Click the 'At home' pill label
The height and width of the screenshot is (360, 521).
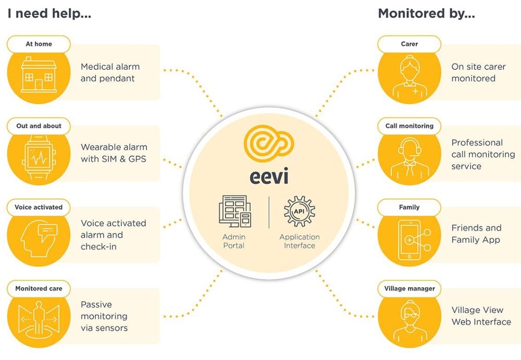39,44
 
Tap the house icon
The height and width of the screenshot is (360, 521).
39,76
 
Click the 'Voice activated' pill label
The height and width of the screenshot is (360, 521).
39,207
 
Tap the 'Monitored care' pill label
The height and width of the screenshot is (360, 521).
39,289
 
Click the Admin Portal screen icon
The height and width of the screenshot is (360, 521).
234,212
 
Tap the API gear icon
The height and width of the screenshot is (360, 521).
300,211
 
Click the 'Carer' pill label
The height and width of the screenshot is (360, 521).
409,44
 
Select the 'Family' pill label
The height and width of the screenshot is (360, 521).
409,207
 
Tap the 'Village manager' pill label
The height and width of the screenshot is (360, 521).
409,289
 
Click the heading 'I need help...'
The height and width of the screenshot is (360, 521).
49,14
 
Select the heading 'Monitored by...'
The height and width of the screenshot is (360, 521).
426,14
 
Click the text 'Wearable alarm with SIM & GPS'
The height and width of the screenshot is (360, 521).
114,153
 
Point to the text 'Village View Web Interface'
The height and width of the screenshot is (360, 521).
481,316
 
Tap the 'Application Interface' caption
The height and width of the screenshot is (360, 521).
300,241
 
